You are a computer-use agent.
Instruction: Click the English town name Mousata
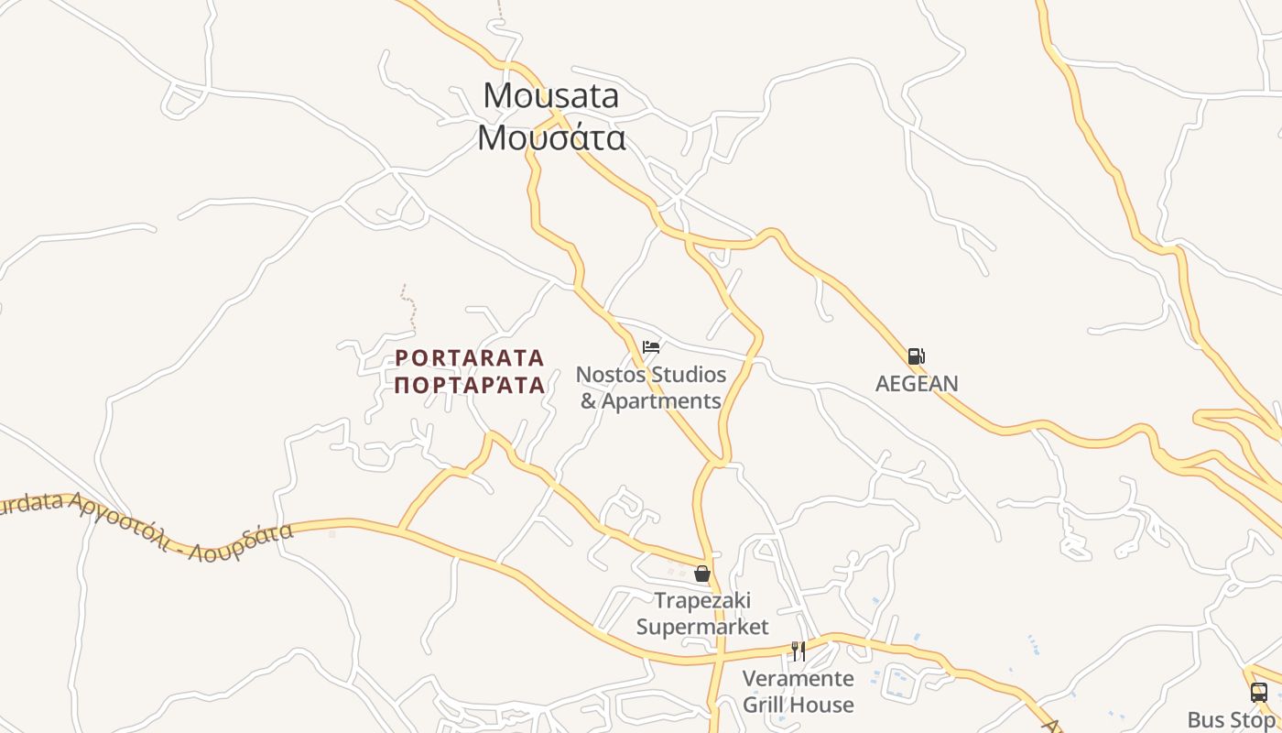pos(551,95)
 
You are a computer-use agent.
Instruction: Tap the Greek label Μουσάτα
pos(551,137)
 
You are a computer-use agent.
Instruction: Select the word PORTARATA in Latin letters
pos(470,357)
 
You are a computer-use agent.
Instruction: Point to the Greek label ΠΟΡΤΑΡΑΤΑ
pos(470,384)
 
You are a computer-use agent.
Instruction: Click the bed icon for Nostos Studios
pos(651,347)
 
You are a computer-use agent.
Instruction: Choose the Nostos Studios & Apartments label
pos(651,388)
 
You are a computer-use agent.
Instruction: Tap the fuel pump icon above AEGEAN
pos(916,356)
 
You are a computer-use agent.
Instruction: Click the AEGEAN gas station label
pos(917,383)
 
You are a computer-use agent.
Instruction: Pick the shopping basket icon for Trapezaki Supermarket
pos(702,574)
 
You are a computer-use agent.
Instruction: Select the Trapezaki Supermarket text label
pos(702,614)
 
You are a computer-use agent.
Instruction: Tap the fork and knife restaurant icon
pos(799,651)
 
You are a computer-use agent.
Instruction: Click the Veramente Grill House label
pos(798,692)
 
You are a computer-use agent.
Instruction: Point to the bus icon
pos(1259,693)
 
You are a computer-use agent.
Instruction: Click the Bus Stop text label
pos(1231,719)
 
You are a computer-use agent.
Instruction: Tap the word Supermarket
pos(702,627)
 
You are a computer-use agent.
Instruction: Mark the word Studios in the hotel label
pos(687,375)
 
